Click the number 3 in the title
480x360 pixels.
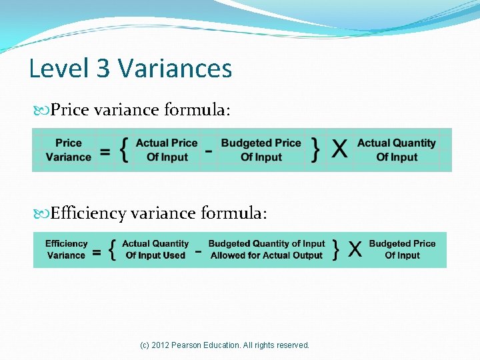tap(103, 69)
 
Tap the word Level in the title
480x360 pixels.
tap(59, 69)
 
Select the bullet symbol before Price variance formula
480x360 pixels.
tap(41, 109)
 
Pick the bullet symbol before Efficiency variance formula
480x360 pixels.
tap(41, 214)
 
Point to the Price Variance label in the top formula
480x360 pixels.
tap(68, 150)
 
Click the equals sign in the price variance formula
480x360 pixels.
tap(105, 152)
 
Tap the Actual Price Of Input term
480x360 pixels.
tap(167, 150)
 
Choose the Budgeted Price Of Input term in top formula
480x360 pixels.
tap(261, 150)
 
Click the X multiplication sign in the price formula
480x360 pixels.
tap(339, 150)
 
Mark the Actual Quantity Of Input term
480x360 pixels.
tap(396, 150)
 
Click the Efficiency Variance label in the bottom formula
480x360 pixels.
tap(66, 249)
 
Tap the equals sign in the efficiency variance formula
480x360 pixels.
tap(97, 253)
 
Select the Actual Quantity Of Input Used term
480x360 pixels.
tap(155, 249)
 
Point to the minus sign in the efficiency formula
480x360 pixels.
tap(198, 251)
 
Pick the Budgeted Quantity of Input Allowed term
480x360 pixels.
tap(267, 249)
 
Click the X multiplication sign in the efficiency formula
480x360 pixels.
tap(355, 250)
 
